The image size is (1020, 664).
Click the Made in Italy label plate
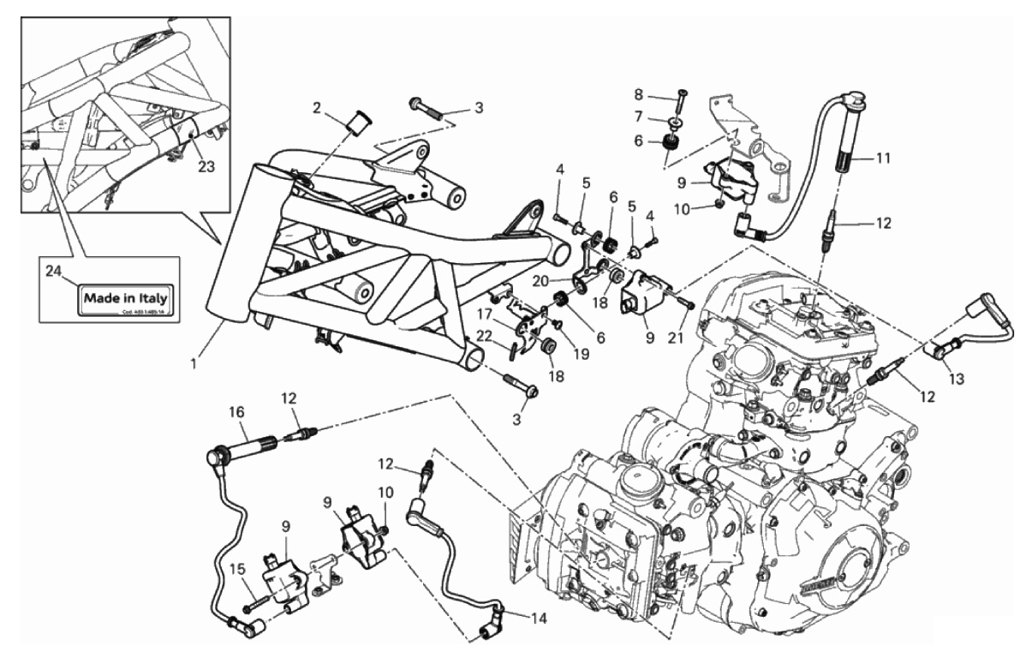pyautogui.click(x=129, y=299)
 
